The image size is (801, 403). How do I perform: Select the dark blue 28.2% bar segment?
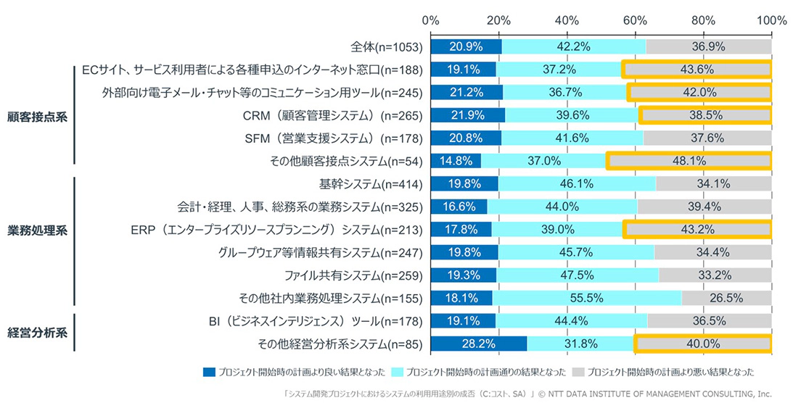pos(479,344)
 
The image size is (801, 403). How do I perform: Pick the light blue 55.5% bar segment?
pos(587,298)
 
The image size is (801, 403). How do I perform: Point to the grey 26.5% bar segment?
pos(726,298)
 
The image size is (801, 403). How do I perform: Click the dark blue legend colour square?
pos(209,372)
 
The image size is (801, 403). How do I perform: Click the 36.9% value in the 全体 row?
pos(707,46)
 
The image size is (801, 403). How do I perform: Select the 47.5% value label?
pos(578,275)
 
